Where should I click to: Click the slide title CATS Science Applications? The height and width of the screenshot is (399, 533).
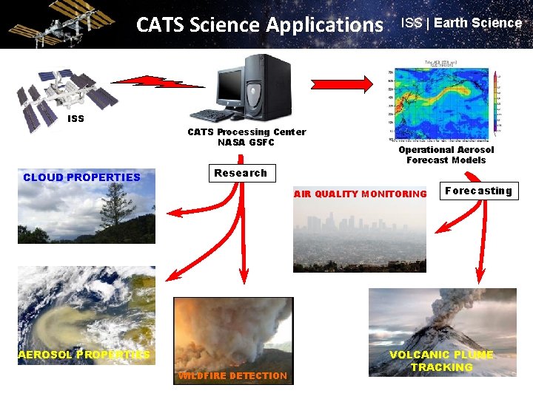coord(259,25)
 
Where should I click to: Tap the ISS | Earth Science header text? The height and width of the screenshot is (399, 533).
coord(461,23)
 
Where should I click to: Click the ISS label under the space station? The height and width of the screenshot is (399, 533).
coord(76,118)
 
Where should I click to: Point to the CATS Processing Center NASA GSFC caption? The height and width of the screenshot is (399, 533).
coord(246,137)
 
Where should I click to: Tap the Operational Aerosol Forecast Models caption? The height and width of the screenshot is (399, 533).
coord(446,154)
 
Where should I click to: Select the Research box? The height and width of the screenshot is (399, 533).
coord(240,174)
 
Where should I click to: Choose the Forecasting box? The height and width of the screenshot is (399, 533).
coord(478,191)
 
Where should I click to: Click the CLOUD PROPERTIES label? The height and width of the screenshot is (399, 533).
coord(81,177)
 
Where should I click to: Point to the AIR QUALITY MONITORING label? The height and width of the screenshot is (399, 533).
coord(361,194)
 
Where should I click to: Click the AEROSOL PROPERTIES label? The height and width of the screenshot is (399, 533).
coord(84,355)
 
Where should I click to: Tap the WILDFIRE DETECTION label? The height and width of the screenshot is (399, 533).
coord(232,376)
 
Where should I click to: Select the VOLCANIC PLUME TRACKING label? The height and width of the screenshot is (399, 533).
coord(441,361)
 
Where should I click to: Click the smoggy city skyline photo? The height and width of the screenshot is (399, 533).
coord(360,236)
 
